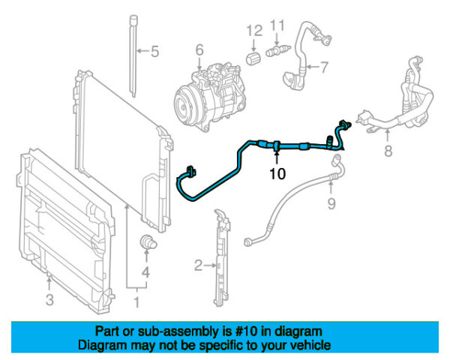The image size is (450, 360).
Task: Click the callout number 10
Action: (x=277, y=174)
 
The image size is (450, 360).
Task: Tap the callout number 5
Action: (x=154, y=52)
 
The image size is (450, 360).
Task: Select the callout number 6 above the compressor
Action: (x=199, y=50)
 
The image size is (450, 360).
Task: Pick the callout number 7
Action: (x=324, y=67)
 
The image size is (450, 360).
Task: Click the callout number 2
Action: (x=198, y=264)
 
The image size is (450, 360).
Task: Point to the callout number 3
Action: (x=49, y=301)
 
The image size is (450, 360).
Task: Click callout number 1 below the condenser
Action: (x=136, y=304)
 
